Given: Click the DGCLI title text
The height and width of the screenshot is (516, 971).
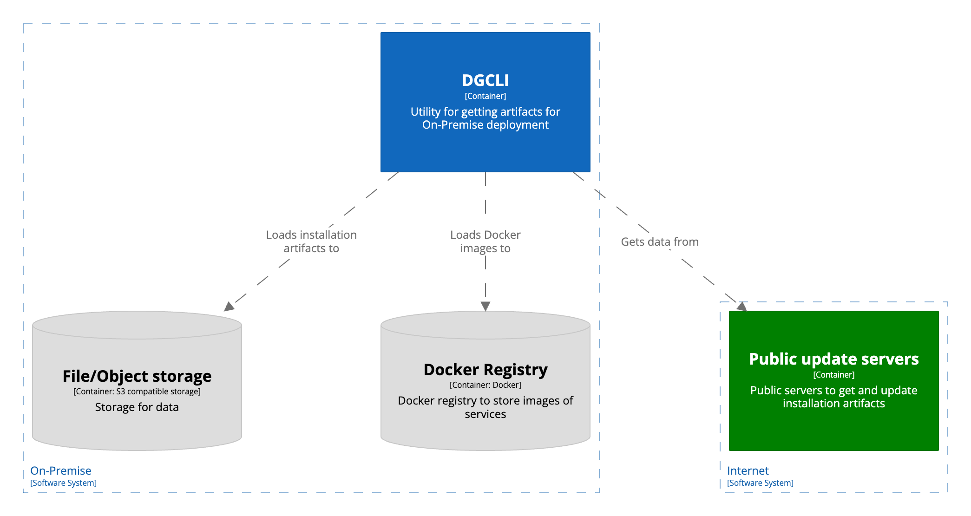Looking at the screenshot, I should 485,81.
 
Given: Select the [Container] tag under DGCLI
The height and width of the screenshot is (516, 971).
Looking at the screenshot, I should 485,96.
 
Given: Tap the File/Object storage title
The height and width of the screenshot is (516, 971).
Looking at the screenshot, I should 137,376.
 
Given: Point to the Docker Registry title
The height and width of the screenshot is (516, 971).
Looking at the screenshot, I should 485,370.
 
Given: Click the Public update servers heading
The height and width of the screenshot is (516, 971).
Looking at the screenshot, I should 833,359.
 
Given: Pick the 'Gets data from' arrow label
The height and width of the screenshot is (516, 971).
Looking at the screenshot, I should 659,242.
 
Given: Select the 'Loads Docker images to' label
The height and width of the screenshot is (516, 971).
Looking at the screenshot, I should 485,242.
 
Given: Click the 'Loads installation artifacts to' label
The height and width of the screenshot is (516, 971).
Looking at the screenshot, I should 311,242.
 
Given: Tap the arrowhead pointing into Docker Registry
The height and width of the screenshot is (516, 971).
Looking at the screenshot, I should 485,306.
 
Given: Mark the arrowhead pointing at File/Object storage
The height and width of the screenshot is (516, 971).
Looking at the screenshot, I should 229,307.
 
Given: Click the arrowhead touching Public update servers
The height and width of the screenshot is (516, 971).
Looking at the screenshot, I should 742,307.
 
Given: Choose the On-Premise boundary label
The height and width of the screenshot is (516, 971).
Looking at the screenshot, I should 60,470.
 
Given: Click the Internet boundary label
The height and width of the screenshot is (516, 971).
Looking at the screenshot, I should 748,470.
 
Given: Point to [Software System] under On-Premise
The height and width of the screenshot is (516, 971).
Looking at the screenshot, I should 63,483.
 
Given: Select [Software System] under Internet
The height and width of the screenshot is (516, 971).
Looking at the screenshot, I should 760,483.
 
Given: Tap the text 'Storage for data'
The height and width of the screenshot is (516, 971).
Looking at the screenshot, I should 137,407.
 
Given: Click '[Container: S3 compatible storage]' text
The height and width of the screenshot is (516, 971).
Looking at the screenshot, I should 137,392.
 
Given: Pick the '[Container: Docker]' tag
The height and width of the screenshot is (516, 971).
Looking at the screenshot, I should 485,385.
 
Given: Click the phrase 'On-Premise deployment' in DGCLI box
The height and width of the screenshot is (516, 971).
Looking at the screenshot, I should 485,125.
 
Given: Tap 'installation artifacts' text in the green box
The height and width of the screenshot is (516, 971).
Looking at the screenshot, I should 833,404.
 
